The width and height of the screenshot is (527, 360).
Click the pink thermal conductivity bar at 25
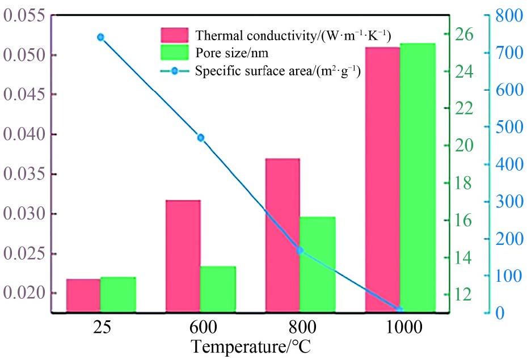83,295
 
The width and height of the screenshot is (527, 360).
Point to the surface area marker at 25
100,37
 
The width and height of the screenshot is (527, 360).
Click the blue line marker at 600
200,138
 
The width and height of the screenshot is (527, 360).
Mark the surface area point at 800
300,250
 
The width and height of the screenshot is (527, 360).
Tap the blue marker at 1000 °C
399,309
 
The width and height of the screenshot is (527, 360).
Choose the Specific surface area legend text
279,71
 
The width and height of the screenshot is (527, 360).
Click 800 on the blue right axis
508,16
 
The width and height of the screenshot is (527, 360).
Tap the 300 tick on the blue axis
508,202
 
